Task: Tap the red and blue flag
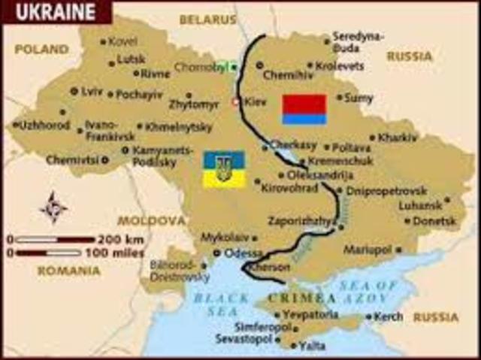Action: (x=304, y=109)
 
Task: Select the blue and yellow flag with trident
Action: (x=223, y=169)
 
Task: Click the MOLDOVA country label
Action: (x=151, y=221)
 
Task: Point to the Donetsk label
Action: (x=435, y=221)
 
